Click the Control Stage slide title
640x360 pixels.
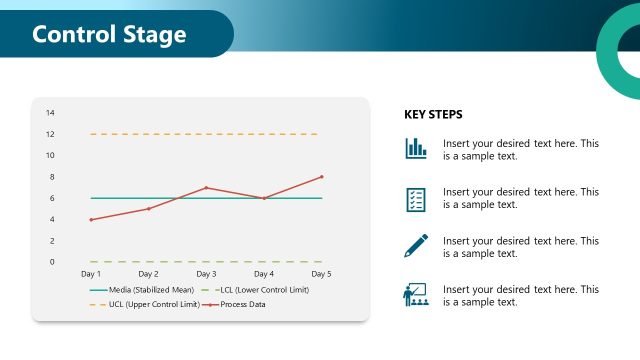[x=109, y=34]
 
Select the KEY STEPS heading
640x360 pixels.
[x=433, y=115]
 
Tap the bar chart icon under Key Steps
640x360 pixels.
[x=416, y=149]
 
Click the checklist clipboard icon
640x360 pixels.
[x=416, y=198]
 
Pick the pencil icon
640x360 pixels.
[x=416, y=246]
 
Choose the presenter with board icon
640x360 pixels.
[x=416, y=294]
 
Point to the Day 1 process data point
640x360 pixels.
[x=91, y=220]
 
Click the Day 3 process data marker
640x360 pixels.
[x=206, y=187]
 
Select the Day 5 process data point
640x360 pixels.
[x=322, y=177]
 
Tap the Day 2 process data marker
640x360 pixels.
[x=149, y=209]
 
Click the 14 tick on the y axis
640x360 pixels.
[x=50, y=112]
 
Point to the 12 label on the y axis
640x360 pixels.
[x=50, y=134]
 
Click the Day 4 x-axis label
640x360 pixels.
[x=264, y=274]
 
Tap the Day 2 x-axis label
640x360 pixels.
[x=148, y=274]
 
